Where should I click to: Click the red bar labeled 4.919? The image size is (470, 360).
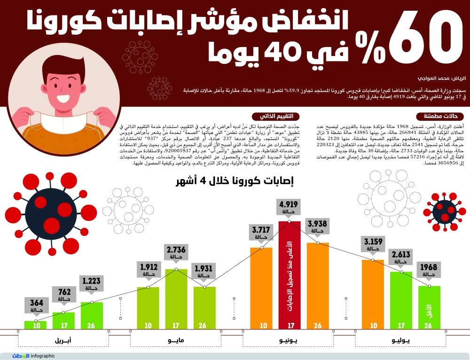290,273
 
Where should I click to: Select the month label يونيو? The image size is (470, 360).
290,340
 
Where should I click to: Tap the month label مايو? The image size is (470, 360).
176,340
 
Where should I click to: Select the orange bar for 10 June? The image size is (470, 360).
261,287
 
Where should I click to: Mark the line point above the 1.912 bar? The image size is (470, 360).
148,287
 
